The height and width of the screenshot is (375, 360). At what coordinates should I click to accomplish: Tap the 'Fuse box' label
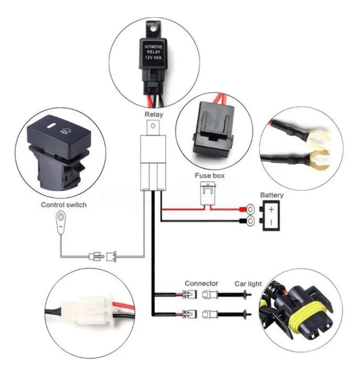(x=209, y=175)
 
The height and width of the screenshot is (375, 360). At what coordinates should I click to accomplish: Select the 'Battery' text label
(x=272, y=195)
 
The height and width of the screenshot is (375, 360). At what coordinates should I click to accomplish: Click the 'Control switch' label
(x=64, y=205)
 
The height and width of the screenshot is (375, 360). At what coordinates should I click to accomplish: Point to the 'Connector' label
(x=201, y=283)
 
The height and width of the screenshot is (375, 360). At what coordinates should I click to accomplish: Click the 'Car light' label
(x=249, y=284)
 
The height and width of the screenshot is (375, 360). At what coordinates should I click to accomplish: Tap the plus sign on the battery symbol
(x=271, y=209)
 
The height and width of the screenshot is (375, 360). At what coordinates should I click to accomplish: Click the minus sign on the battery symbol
(x=271, y=223)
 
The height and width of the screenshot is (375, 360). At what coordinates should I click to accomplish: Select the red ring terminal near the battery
(x=251, y=208)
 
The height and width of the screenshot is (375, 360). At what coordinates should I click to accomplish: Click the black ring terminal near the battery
(x=251, y=222)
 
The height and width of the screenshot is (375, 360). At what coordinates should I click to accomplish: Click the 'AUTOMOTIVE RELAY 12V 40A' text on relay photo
(x=154, y=51)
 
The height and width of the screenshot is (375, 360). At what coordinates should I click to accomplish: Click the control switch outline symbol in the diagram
(x=61, y=223)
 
